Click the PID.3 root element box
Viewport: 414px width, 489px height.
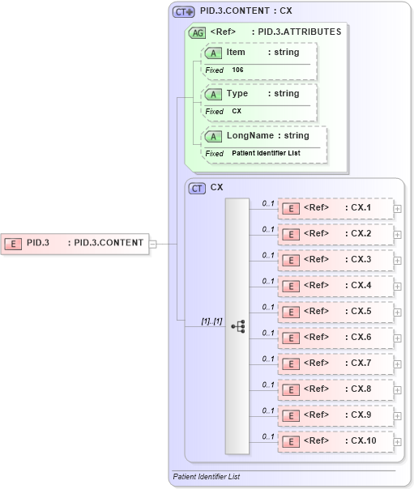75,242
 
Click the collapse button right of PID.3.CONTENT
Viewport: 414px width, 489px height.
152,242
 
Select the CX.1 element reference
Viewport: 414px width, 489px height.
335,208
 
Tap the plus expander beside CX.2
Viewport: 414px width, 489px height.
397,235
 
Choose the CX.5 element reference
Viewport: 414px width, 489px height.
335,312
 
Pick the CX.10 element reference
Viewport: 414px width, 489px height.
335,441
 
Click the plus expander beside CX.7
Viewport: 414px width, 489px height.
397,364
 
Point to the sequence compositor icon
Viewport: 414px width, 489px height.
237,326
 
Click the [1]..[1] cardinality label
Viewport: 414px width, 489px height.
211,321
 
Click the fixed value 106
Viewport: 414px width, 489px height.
237,70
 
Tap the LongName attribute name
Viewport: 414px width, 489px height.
250,136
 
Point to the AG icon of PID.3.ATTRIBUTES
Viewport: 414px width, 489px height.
197,32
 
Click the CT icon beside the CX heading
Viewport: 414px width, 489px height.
197,188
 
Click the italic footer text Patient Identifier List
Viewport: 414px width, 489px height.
207,477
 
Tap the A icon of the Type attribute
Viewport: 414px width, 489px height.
213,94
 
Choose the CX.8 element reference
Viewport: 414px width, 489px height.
335,389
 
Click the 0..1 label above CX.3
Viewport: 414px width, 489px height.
267,254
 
